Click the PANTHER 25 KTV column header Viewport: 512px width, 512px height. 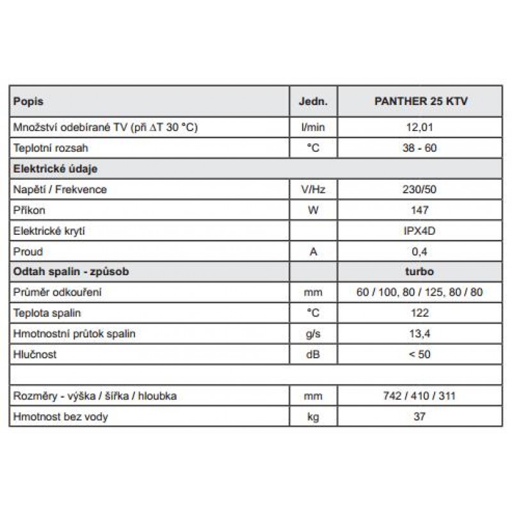point(420,101)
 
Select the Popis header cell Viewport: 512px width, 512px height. point(28,101)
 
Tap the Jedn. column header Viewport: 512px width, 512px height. point(313,101)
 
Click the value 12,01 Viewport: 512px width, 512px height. point(420,127)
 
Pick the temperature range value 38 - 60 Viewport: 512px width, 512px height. point(420,148)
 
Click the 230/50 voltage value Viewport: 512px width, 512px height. point(420,189)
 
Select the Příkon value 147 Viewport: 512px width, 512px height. point(420,210)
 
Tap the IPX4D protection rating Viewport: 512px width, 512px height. point(420,231)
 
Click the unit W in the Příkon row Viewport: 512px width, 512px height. point(313,210)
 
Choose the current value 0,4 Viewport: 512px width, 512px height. point(420,252)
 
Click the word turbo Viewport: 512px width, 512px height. point(420,271)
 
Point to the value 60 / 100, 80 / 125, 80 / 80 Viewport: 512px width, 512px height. point(420,292)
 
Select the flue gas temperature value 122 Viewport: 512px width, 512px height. point(420,313)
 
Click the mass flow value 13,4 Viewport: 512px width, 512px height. point(420,333)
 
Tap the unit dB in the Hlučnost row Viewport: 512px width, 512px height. point(313,354)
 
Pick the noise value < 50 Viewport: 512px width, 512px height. point(420,354)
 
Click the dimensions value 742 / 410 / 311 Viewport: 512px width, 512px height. point(420,396)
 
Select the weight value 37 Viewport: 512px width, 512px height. point(420,417)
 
